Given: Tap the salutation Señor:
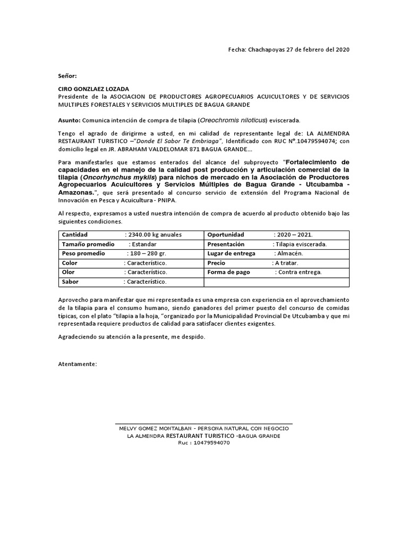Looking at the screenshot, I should click(67, 76).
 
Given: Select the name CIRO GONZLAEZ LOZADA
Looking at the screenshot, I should click(93, 89).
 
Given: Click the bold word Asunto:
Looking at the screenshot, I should click(69, 121).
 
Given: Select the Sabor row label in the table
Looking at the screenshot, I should click(71, 282).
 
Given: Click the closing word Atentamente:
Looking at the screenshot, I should click(78, 364).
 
